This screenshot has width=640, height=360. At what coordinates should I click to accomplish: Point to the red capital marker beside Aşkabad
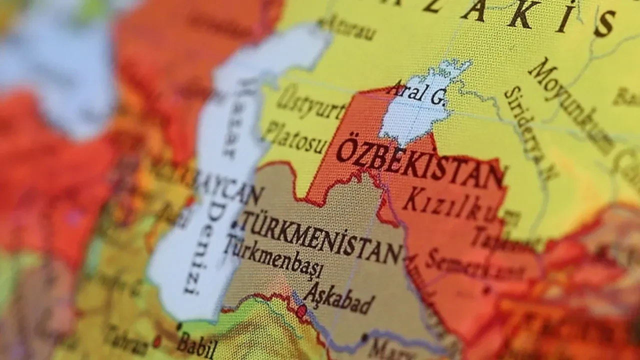click(301, 311)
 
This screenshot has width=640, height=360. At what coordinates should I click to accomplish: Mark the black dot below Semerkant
click(487, 288)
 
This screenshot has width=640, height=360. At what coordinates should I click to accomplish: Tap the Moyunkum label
click(570, 105)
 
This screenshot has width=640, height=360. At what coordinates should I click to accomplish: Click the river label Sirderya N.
click(530, 132)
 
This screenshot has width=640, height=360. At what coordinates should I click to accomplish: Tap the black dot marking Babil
click(179, 326)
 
